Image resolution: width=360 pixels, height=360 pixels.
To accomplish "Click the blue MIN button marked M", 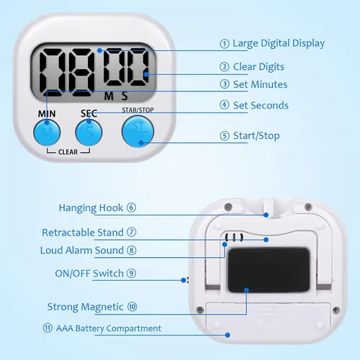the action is point(47,132).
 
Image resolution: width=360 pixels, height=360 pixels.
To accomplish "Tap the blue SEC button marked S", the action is point(89,132).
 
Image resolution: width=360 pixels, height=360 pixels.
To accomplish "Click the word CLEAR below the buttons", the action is point(68,152).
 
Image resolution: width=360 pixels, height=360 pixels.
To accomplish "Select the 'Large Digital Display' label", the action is point(279,43).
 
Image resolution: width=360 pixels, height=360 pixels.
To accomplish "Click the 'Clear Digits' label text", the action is point(258,67).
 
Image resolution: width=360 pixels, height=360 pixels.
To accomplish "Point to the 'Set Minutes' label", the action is point(261,84).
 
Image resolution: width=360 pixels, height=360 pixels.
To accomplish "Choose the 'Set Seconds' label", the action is point(261,105).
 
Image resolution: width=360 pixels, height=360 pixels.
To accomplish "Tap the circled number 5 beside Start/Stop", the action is point(225,136).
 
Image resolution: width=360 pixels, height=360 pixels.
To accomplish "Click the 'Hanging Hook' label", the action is point(91,208).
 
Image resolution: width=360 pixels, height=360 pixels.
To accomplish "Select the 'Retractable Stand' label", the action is point(83,233).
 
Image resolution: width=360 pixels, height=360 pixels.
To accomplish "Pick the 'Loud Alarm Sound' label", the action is point(82,251).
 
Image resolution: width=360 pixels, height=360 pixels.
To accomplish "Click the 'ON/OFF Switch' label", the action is point(89,274).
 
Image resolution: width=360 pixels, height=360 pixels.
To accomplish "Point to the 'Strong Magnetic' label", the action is point(85,307).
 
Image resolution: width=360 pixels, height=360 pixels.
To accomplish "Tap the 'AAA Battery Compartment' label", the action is point(109,328).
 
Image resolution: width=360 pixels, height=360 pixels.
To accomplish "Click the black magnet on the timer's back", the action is point(269,270).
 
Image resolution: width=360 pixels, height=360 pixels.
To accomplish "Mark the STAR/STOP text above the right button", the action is point(138,110).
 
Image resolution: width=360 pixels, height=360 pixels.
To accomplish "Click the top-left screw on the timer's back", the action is point(228,207).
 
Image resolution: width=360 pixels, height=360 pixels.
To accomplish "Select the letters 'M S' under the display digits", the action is point(116,96).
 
